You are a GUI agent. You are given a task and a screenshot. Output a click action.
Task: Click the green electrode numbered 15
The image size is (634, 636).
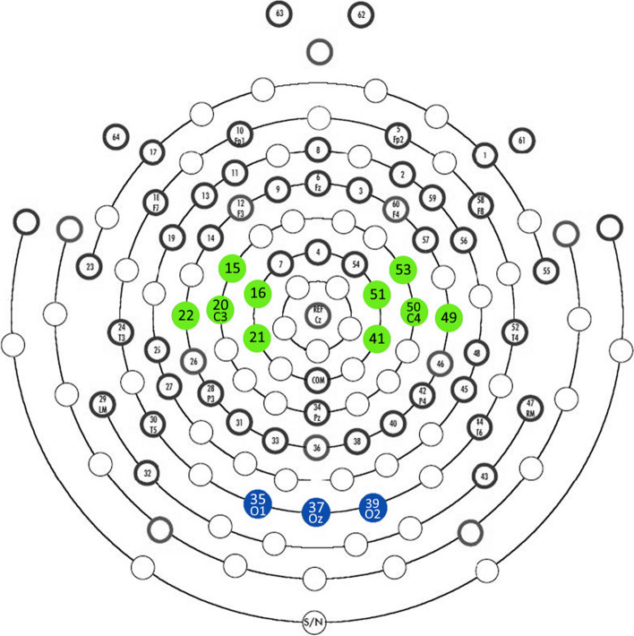click(x=233, y=268)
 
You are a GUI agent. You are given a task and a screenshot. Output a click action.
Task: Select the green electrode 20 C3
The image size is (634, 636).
click(x=220, y=309)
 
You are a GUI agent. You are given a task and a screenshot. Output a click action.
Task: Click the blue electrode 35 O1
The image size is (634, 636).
click(x=258, y=504)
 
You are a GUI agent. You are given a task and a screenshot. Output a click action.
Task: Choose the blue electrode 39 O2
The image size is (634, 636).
click(x=373, y=506)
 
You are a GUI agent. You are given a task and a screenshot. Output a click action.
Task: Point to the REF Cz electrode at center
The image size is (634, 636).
click(x=317, y=314)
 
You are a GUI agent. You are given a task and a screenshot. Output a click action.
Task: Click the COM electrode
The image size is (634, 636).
click(x=317, y=380)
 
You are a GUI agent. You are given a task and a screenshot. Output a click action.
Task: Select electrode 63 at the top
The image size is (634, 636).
click(x=280, y=13)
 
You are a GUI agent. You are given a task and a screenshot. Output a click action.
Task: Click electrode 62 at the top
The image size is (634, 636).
click(x=361, y=15)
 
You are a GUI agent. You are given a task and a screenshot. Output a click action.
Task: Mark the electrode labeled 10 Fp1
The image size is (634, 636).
click(x=239, y=135)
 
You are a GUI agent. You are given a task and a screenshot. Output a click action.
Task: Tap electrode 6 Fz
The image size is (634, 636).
click(x=317, y=183)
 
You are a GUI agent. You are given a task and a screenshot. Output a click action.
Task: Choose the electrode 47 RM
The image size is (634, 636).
click(x=530, y=408)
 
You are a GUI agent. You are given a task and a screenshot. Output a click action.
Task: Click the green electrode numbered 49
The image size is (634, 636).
click(x=449, y=315)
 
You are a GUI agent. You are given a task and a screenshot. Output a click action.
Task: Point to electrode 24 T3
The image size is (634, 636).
click(x=121, y=331)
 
